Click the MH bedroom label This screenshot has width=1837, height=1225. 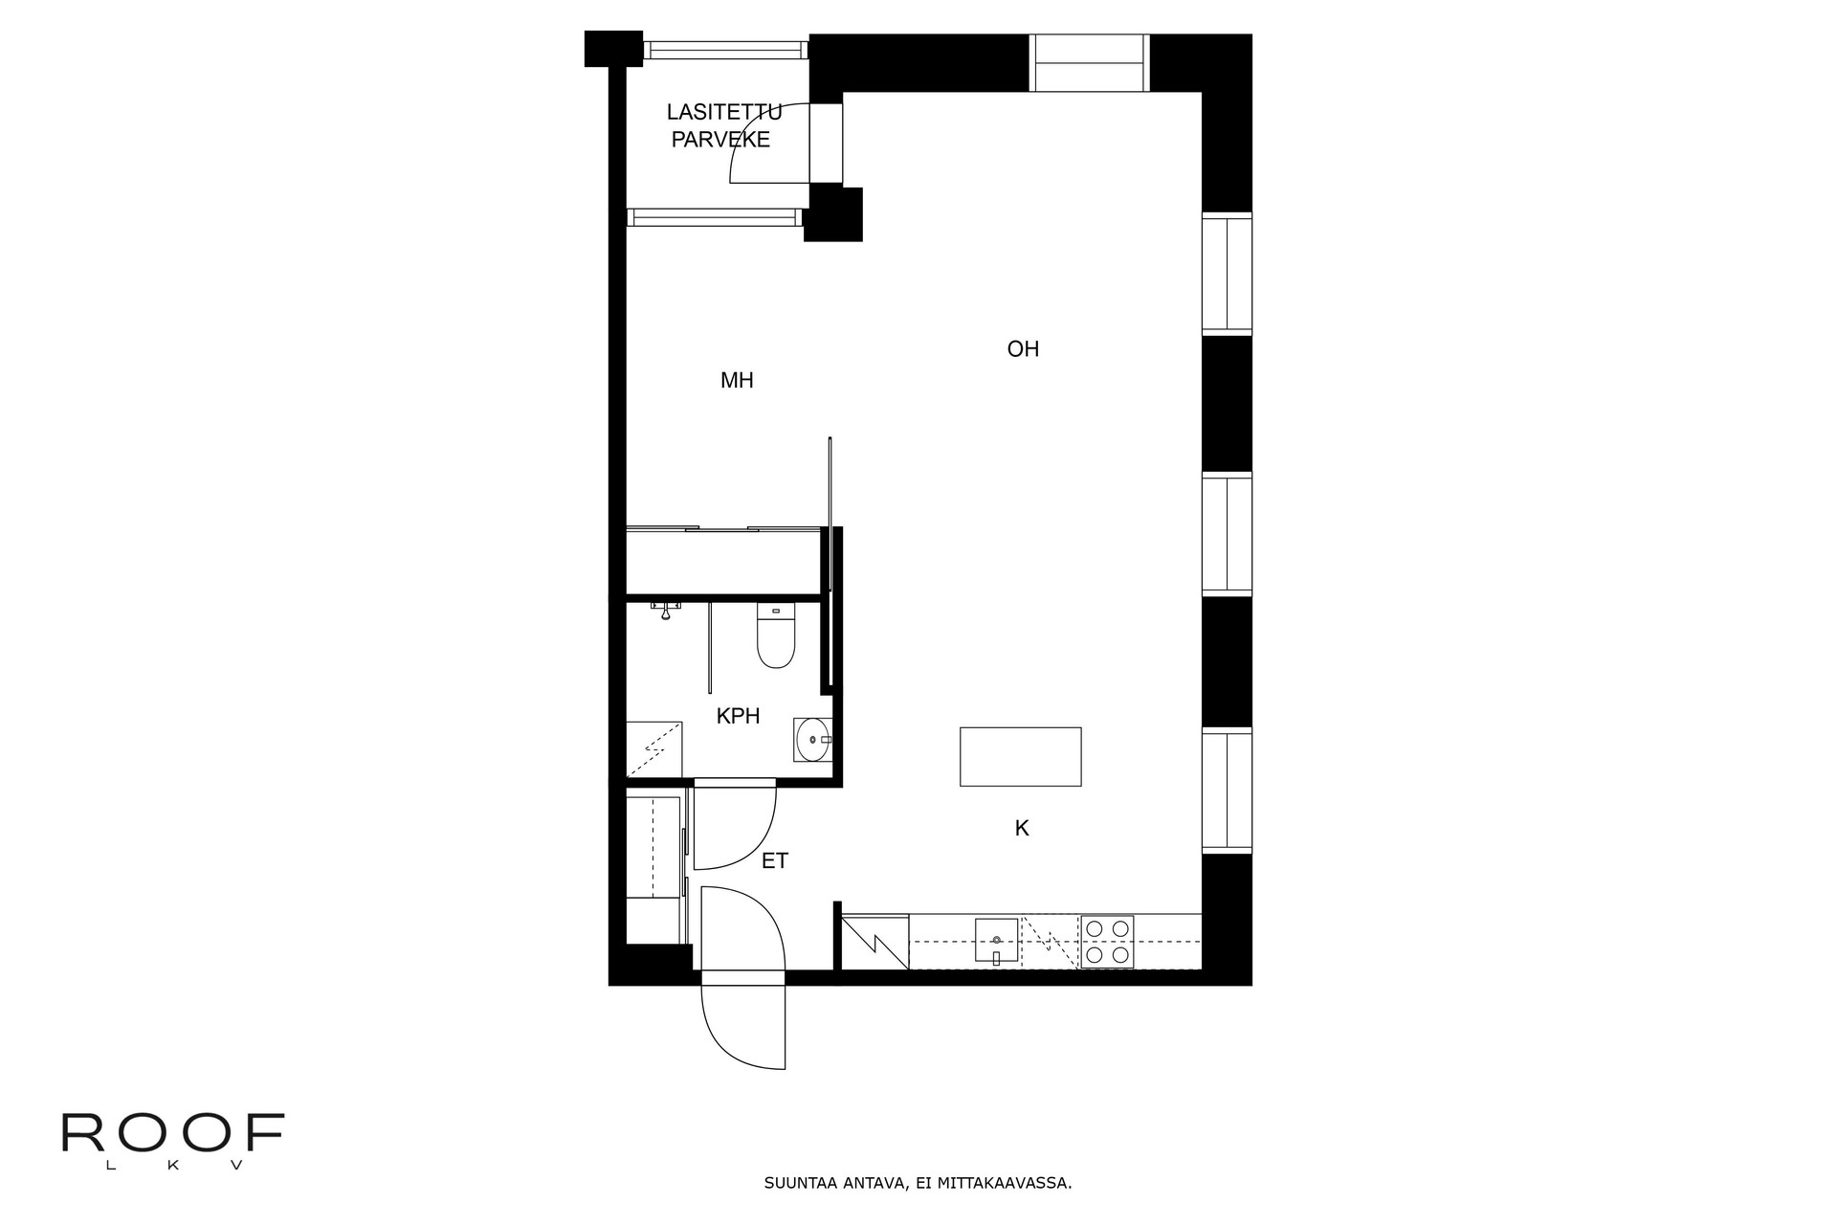pyautogui.click(x=737, y=381)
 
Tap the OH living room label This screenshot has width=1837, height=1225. pyautogui.click(x=1023, y=349)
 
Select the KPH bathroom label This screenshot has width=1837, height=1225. pyautogui.click(x=738, y=716)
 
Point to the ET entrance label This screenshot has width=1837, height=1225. pyautogui.click(x=775, y=861)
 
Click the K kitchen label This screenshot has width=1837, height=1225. pyautogui.click(x=1022, y=829)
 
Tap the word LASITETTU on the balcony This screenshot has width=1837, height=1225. pyautogui.click(x=724, y=112)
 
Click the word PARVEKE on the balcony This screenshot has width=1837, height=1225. pyautogui.click(x=720, y=140)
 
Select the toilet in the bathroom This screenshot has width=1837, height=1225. pyautogui.click(x=776, y=635)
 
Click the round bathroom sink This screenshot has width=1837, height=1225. pyautogui.click(x=813, y=739)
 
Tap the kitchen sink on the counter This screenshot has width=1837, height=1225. pyautogui.click(x=997, y=940)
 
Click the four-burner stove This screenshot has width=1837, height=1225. pyautogui.click(x=1107, y=942)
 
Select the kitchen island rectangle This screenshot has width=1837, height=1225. pyautogui.click(x=1021, y=757)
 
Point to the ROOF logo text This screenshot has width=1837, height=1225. pyautogui.click(x=173, y=1133)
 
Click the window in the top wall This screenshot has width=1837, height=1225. pyautogui.click(x=1090, y=63)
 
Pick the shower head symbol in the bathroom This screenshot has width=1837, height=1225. pyautogui.click(x=664, y=610)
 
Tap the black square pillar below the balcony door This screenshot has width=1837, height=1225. pyautogui.click(x=833, y=213)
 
